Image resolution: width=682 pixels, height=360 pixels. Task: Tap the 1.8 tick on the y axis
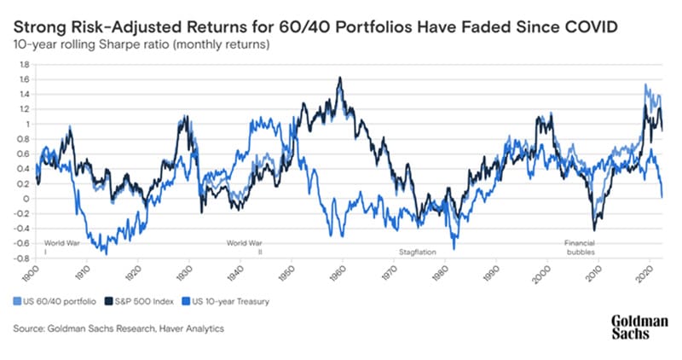click(25, 64)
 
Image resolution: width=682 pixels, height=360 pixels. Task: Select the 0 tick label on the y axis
click(27, 198)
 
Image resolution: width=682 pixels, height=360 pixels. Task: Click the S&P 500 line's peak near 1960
click(340, 78)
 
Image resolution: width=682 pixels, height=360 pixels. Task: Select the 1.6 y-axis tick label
click(25, 79)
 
